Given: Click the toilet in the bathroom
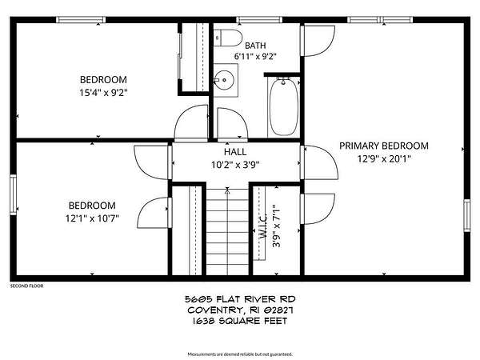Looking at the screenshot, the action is (x=227, y=38).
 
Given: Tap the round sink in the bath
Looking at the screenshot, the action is (x=224, y=80).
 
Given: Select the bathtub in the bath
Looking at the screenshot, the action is (x=283, y=107).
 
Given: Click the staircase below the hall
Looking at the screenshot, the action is (x=227, y=232).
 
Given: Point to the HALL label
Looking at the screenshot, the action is (x=235, y=152).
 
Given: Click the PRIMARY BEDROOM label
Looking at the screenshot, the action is (x=384, y=146).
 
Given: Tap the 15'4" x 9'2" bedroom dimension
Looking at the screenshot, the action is (x=103, y=93).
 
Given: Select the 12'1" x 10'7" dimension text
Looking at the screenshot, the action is (x=92, y=218).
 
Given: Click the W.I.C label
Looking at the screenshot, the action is (x=263, y=226).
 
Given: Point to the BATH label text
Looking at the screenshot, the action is (x=255, y=46).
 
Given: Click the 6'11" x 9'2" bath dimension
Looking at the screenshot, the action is (x=255, y=57).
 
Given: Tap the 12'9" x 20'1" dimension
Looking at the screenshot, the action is (x=384, y=159).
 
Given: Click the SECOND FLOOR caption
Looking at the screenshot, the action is (x=27, y=286).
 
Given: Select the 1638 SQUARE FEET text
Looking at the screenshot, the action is (x=240, y=321).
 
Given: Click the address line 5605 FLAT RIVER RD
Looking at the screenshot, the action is (x=240, y=298).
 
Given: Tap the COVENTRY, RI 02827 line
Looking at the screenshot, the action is (x=240, y=310).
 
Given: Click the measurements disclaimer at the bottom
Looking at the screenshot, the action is (x=240, y=354).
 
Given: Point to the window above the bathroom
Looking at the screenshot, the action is (x=259, y=20).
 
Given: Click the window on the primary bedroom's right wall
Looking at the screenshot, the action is (x=467, y=215).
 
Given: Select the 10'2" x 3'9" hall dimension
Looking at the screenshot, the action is (x=235, y=165).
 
